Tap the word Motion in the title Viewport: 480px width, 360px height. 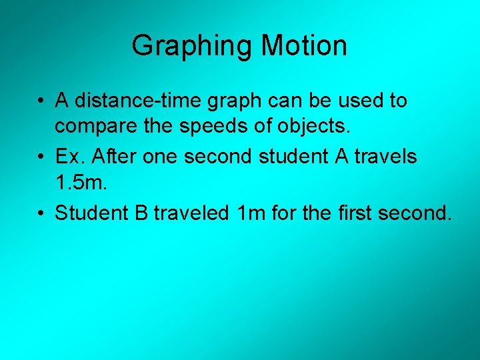[304, 45]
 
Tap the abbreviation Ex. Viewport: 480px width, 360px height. [69, 157]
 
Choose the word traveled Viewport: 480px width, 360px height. [191, 213]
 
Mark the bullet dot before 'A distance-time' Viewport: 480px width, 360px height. [42, 101]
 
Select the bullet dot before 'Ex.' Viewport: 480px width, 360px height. [42, 157]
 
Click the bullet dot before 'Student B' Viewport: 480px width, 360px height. [42, 213]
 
